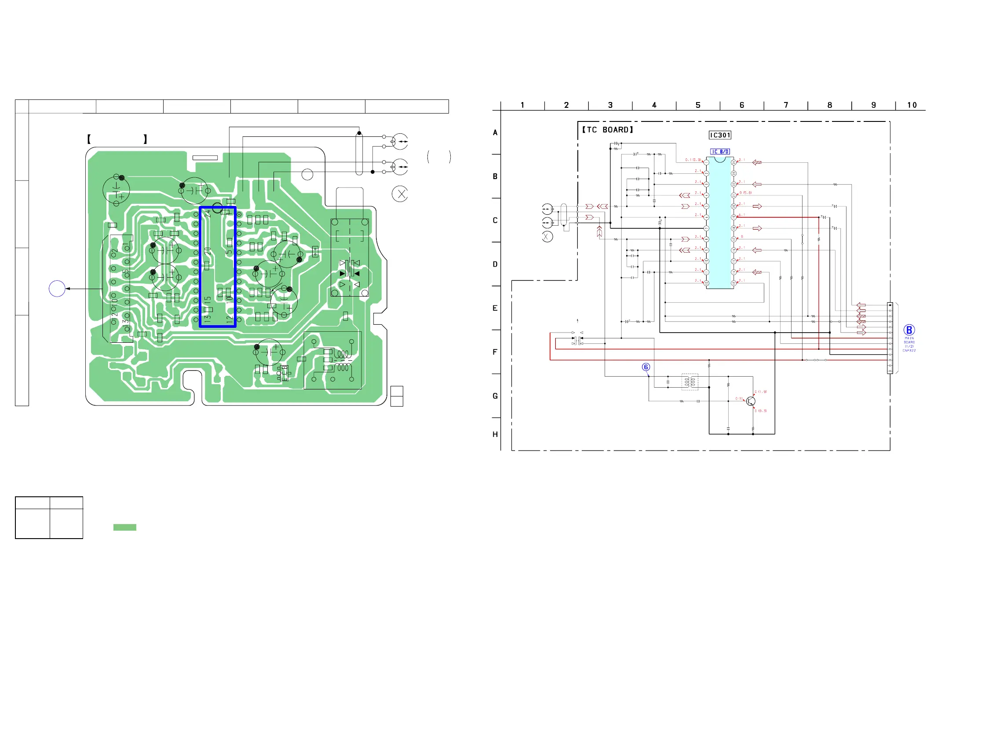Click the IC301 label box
pos(719,135)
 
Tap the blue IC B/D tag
pos(719,151)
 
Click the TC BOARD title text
pos(607,130)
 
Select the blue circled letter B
pos(909,330)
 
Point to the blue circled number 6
pos(646,367)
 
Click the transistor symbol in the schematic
pos(751,401)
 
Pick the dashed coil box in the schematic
pos(690,382)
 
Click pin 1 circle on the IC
pos(706,163)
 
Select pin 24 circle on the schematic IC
pos(733,163)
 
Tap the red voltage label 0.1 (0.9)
pos(693,160)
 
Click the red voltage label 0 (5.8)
pos(745,193)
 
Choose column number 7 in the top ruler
pos(785,105)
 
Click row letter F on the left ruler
pos(495,352)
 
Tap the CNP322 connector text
pos(909,351)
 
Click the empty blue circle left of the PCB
pos(57,289)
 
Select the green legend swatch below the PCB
pos(125,527)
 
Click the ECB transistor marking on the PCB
pos(284,373)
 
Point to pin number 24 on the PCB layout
pos(208,214)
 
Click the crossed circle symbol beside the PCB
pos(400,194)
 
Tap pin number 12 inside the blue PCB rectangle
pos(229,319)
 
